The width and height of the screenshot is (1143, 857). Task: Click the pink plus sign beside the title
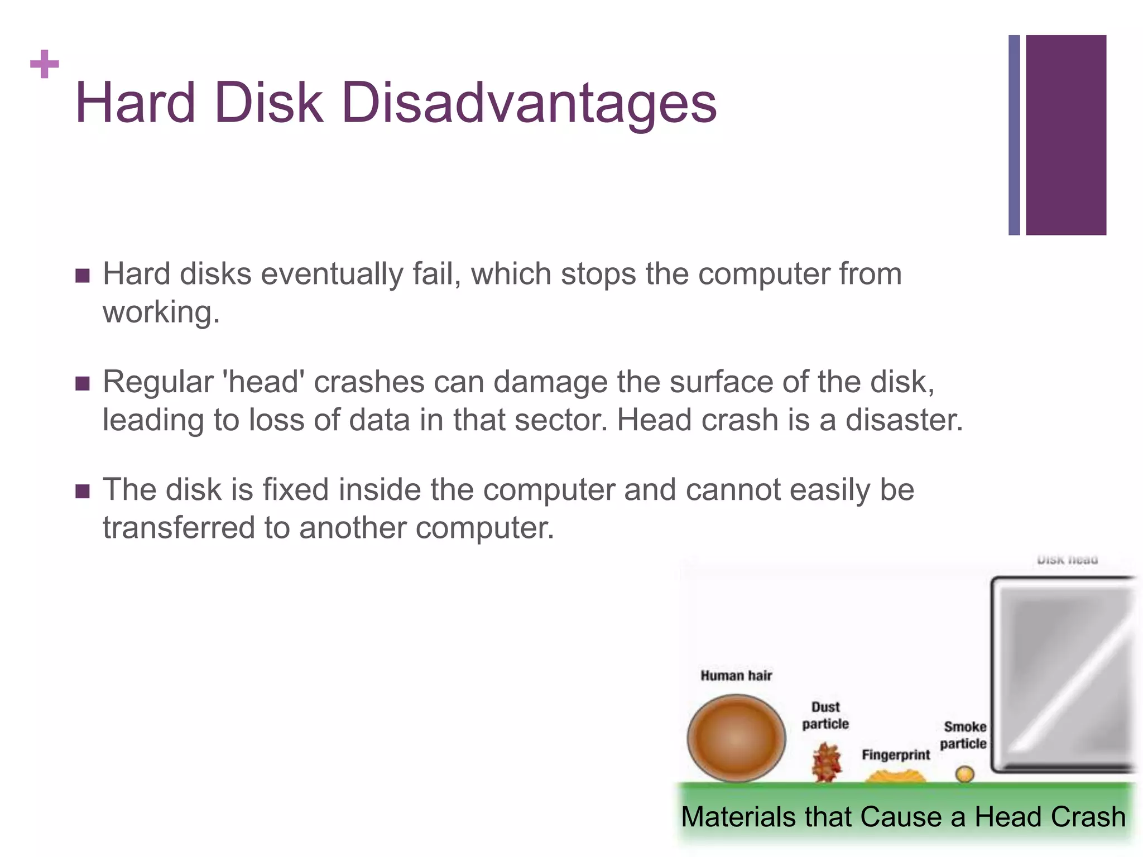[x=45, y=64]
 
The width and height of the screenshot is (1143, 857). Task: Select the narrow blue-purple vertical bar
[x=1014, y=135]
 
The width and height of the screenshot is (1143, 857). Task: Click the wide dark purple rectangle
[x=1066, y=135]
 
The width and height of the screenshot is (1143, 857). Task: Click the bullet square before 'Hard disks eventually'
[x=83, y=276]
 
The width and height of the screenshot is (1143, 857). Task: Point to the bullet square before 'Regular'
[x=83, y=383]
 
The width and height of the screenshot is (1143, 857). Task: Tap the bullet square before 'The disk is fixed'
[x=83, y=491]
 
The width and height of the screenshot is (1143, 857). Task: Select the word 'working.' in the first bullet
[x=161, y=312]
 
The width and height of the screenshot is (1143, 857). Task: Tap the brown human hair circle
[x=736, y=738]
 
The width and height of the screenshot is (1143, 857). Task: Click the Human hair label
[x=736, y=676]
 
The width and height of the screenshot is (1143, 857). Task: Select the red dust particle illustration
[x=826, y=763]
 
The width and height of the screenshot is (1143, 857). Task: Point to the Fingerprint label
[x=896, y=755]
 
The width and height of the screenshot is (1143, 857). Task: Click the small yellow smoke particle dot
[x=964, y=774]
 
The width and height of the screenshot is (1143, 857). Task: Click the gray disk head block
[x=1063, y=675]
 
